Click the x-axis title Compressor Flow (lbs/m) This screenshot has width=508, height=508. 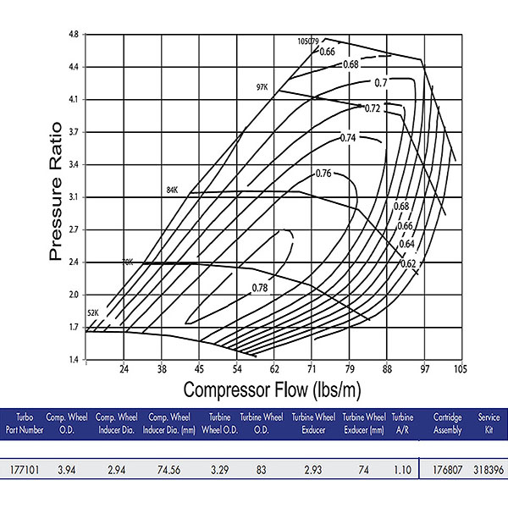pos(275,390)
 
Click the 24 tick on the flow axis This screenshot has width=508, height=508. pos(124,370)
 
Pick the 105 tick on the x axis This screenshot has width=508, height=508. pos(461,370)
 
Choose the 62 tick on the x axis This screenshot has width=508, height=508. pos(274,370)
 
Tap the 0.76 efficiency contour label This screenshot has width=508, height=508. pos(323,174)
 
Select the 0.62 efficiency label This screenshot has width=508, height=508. pos(409,263)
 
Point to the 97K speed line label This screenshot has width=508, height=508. pos(262,87)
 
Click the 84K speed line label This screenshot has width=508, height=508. pos(174,190)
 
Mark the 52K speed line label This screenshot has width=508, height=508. pos(93,313)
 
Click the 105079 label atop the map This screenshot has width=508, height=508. pos(309,41)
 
